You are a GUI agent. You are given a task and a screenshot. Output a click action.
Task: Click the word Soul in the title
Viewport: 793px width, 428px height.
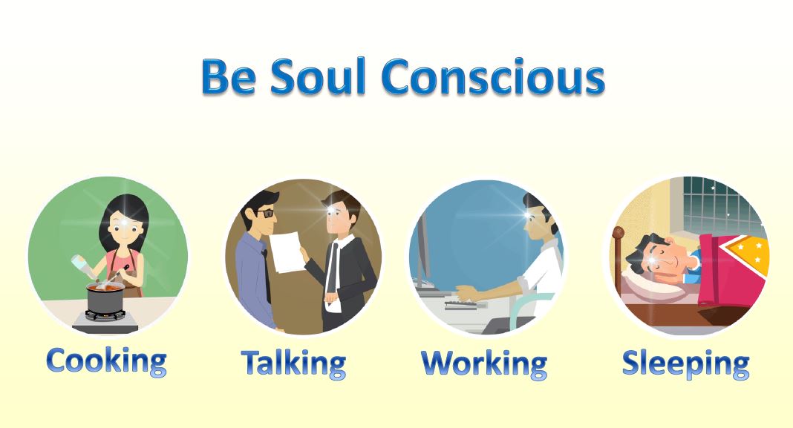[317, 76]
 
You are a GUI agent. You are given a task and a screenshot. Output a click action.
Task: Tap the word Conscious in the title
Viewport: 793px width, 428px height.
[492, 77]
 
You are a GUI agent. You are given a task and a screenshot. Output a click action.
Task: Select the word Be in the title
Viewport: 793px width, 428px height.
[228, 77]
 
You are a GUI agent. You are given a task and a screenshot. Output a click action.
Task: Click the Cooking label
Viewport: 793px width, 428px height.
[106, 361]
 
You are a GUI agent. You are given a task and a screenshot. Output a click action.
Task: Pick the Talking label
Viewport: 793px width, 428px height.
[293, 363]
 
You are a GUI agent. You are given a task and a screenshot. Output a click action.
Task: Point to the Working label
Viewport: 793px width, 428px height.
[484, 363]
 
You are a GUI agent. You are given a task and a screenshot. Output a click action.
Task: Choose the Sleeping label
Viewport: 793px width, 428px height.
[685, 363]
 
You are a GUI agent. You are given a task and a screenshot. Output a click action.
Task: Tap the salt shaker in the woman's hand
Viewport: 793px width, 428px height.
[82, 266]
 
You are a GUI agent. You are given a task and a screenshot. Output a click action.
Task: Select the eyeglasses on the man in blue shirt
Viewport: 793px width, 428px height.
[265, 213]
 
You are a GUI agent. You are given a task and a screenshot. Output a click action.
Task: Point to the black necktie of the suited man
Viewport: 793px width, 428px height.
[332, 268]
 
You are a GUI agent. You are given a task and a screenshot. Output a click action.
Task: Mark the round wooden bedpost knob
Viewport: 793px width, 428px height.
[618, 233]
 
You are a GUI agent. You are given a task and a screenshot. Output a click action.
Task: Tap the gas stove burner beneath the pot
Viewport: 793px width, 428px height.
[105, 316]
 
